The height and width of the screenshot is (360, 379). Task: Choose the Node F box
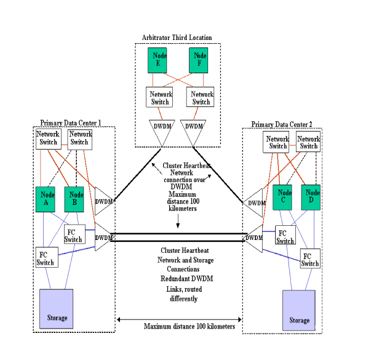point(198,60)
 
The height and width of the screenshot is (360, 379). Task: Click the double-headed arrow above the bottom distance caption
point(179,319)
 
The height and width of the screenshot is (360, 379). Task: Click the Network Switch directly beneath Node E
point(160,98)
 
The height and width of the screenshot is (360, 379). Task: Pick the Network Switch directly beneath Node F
point(201,98)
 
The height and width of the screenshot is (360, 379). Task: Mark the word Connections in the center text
point(179,270)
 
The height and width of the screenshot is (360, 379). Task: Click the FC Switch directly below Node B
point(73,235)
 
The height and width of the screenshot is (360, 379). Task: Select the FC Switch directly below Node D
point(310,259)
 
